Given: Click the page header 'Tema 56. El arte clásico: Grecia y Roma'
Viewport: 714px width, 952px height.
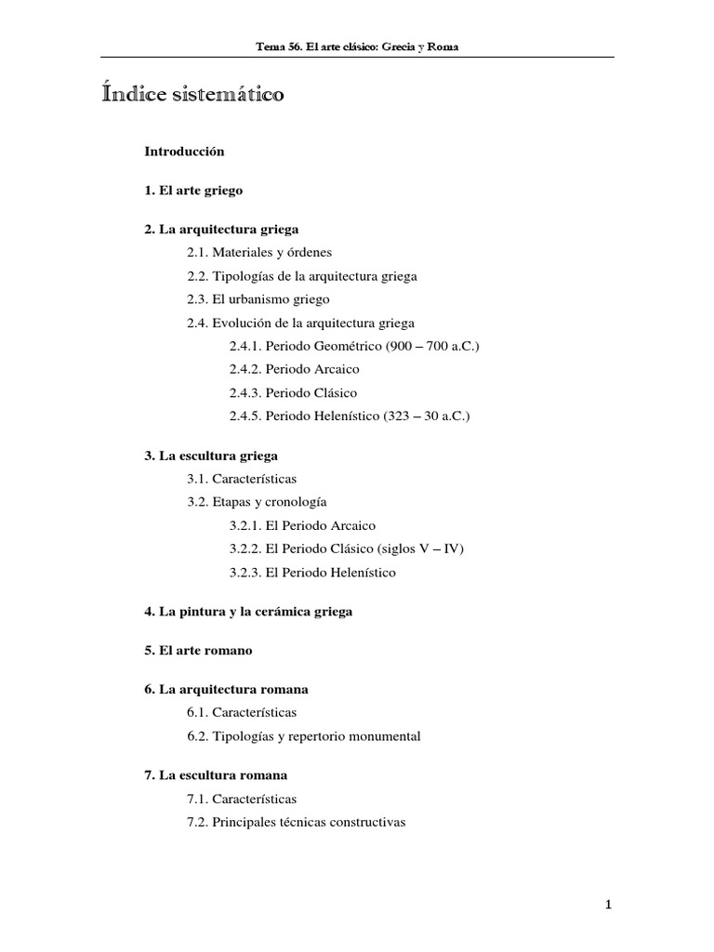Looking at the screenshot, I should [x=357, y=47].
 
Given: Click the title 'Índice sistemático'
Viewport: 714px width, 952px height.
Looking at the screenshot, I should [x=193, y=96].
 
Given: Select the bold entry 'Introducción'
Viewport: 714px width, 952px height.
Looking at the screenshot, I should [x=184, y=150].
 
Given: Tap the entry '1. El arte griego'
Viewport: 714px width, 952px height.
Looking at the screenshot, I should [x=193, y=190].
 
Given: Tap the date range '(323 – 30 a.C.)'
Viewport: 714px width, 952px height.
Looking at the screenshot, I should [x=427, y=416].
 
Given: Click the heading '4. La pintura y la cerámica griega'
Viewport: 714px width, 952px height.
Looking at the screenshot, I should [x=248, y=612].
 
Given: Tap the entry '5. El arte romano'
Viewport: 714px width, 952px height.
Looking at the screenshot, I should [x=198, y=651].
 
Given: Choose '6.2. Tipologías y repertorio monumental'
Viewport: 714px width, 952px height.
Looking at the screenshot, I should [x=303, y=736].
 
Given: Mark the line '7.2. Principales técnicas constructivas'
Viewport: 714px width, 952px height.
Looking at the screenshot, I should [x=296, y=823].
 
